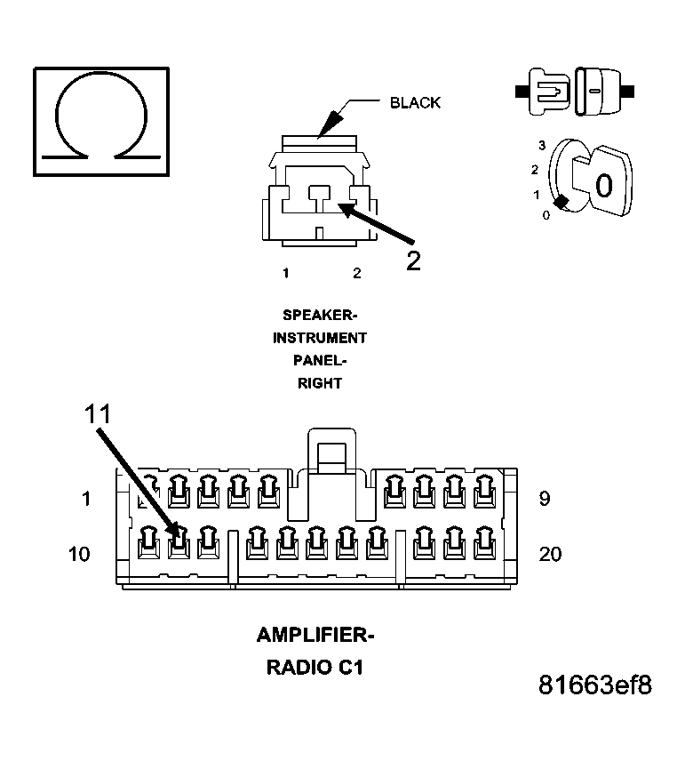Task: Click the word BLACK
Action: [x=415, y=103]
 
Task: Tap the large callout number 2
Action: [x=413, y=261]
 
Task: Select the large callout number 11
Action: [x=98, y=414]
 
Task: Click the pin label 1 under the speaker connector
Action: [x=286, y=273]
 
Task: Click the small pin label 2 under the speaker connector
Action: [x=357, y=273]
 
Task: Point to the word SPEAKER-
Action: [x=320, y=315]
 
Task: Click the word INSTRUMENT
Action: [x=320, y=338]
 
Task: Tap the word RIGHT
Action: [x=320, y=383]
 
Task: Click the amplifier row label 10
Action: [x=79, y=554]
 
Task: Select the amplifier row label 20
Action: [x=550, y=554]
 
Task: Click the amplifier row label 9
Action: [x=545, y=499]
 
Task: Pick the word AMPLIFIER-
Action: [x=315, y=635]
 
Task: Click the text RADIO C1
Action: [x=315, y=668]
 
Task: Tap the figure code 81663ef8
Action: [x=595, y=685]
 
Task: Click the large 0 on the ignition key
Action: [x=604, y=186]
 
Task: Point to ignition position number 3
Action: [x=542, y=145]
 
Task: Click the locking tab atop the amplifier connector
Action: [x=331, y=451]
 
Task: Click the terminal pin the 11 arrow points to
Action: [x=179, y=542]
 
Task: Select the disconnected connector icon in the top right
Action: [x=575, y=92]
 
